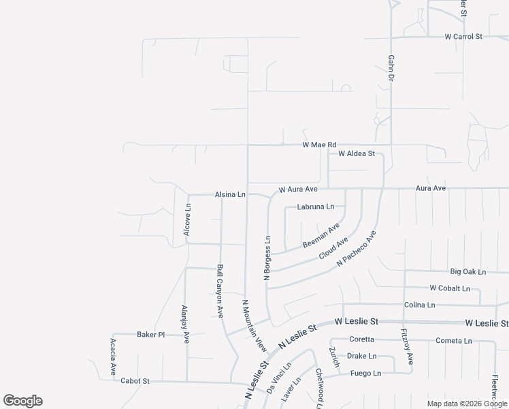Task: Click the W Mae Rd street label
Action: click(x=319, y=145)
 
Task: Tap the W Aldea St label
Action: click(x=356, y=154)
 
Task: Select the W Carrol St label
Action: click(x=463, y=36)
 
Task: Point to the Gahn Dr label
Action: click(x=392, y=69)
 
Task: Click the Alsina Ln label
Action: click(x=230, y=194)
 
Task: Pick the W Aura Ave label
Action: click(x=298, y=189)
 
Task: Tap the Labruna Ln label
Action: click(x=316, y=207)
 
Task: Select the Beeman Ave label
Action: click(x=321, y=235)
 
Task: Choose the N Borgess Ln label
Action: click(x=267, y=258)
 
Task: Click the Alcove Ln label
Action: click(x=187, y=219)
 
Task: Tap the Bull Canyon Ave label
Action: click(x=220, y=291)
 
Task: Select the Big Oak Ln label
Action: click(x=468, y=271)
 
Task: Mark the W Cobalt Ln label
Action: click(x=450, y=288)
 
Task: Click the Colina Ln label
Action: click(x=419, y=305)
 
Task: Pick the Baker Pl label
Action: click(x=151, y=335)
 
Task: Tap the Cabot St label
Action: click(x=135, y=381)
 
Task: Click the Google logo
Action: click(x=23, y=401)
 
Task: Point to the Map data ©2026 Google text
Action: click(x=467, y=404)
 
